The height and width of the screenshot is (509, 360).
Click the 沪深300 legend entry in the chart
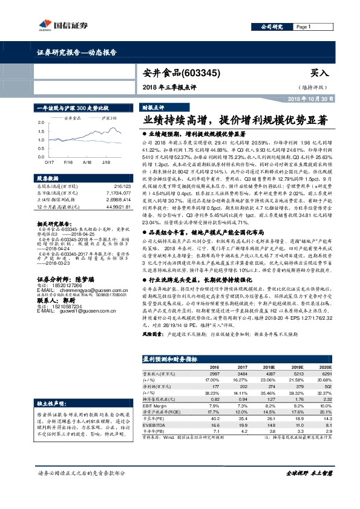click(x=109, y=118)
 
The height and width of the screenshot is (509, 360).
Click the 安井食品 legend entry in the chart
click(x=72, y=118)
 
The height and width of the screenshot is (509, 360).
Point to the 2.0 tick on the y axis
click(x=41, y=123)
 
